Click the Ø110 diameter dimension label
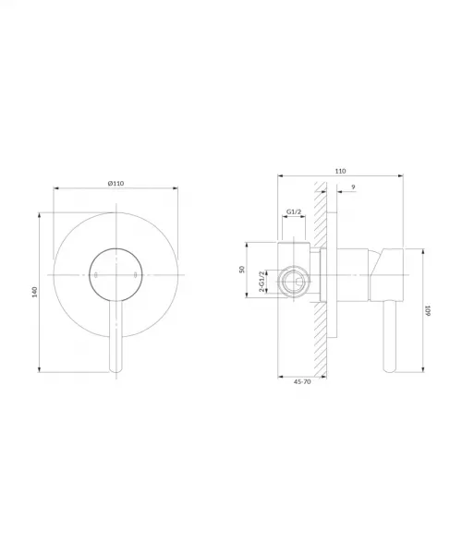point(115,183)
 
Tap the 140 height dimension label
point(34,292)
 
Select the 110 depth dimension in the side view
point(340,171)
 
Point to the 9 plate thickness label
point(353,187)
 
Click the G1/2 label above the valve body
point(294,211)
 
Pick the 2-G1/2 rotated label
point(261,282)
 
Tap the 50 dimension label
point(242,270)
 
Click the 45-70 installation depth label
point(302,382)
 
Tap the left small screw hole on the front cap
point(96,274)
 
